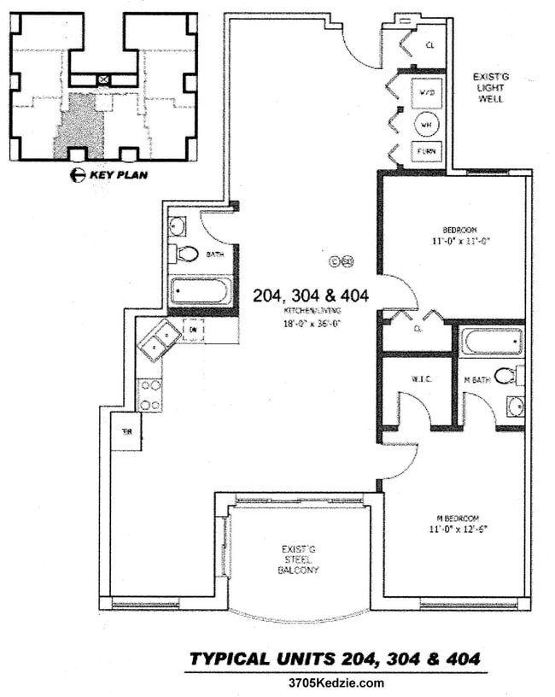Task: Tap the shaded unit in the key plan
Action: click(x=79, y=126)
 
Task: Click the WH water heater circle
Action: click(x=426, y=125)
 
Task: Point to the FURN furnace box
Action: click(x=426, y=153)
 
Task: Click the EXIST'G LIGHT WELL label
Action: click(x=488, y=88)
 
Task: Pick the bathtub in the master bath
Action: click(x=491, y=342)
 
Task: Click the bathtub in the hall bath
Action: click(x=199, y=291)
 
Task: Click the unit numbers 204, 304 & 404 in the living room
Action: click(x=311, y=296)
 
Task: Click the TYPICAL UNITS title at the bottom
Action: click(x=334, y=659)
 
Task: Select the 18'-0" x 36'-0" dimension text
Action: click(x=312, y=324)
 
